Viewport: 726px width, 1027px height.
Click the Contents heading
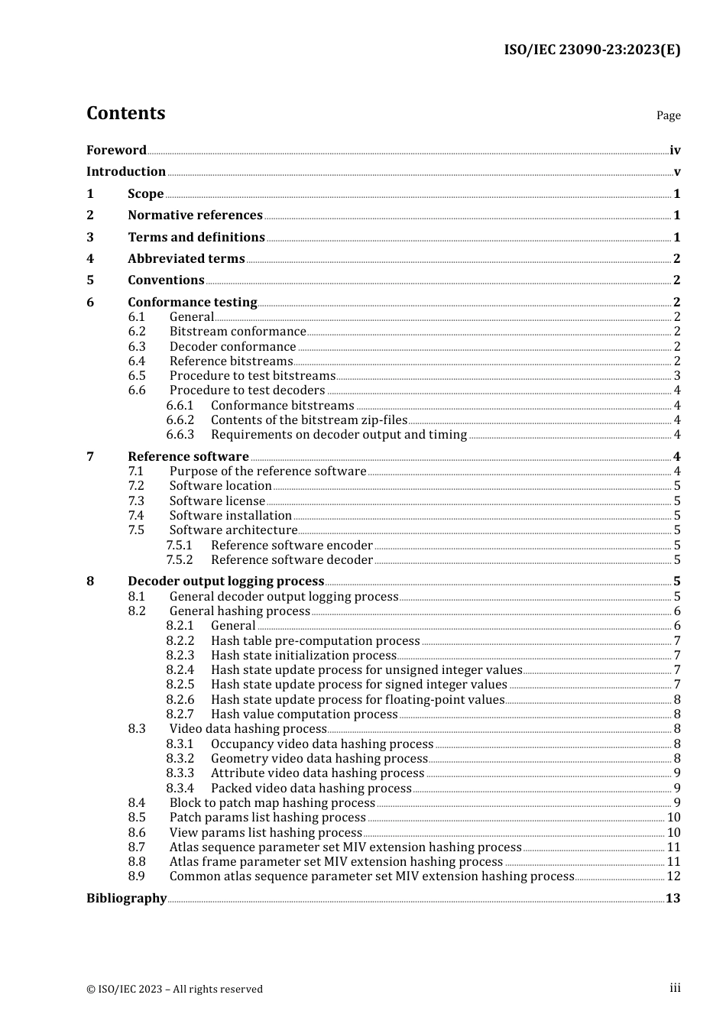pyautogui.click(x=125, y=113)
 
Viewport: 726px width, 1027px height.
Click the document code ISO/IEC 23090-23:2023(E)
pyautogui.click(x=591, y=50)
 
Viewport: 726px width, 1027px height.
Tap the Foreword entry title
pyautogui.click(x=116, y=151)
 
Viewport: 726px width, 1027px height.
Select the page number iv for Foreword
pyautogui.click(x=674, y=151)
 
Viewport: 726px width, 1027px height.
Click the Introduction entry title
pyautogui.click(x=126, y=172)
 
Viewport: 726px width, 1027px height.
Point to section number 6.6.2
pyautogui.click(x=180, y=420)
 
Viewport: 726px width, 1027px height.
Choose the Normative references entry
pyautogui.click(x=195, y=215)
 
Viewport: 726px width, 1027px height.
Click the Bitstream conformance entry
pyautogui.click(x=238, y=332)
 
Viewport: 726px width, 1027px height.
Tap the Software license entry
pyautogui.click(x=217, y=501)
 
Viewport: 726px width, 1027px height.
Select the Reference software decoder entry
pyautogui.click(x=292, y=560)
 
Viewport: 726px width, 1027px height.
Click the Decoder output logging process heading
pyautogui.click(x=226, y=582)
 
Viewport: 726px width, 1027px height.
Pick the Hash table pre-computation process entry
pyautogui.click(x=315, y=641)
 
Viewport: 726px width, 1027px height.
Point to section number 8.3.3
pyautogui.click(x=180, y=773)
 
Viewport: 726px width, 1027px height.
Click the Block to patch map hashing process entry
pyautogui.click(x=272, y=803)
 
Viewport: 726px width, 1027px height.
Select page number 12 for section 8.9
pyautogui.click(x=673, y=876)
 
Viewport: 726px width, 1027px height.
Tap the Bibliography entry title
pyautogui.click(x=126, y=899)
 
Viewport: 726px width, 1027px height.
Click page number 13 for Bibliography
pyautogui.click(x=673, y=899)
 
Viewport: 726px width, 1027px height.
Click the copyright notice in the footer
pyautogui.click(x=174, y=990)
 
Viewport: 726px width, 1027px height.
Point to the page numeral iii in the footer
pyautogui.click(x=675, y=988)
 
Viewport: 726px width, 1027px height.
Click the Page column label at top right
pyautogui.click(x=668, y=115)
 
